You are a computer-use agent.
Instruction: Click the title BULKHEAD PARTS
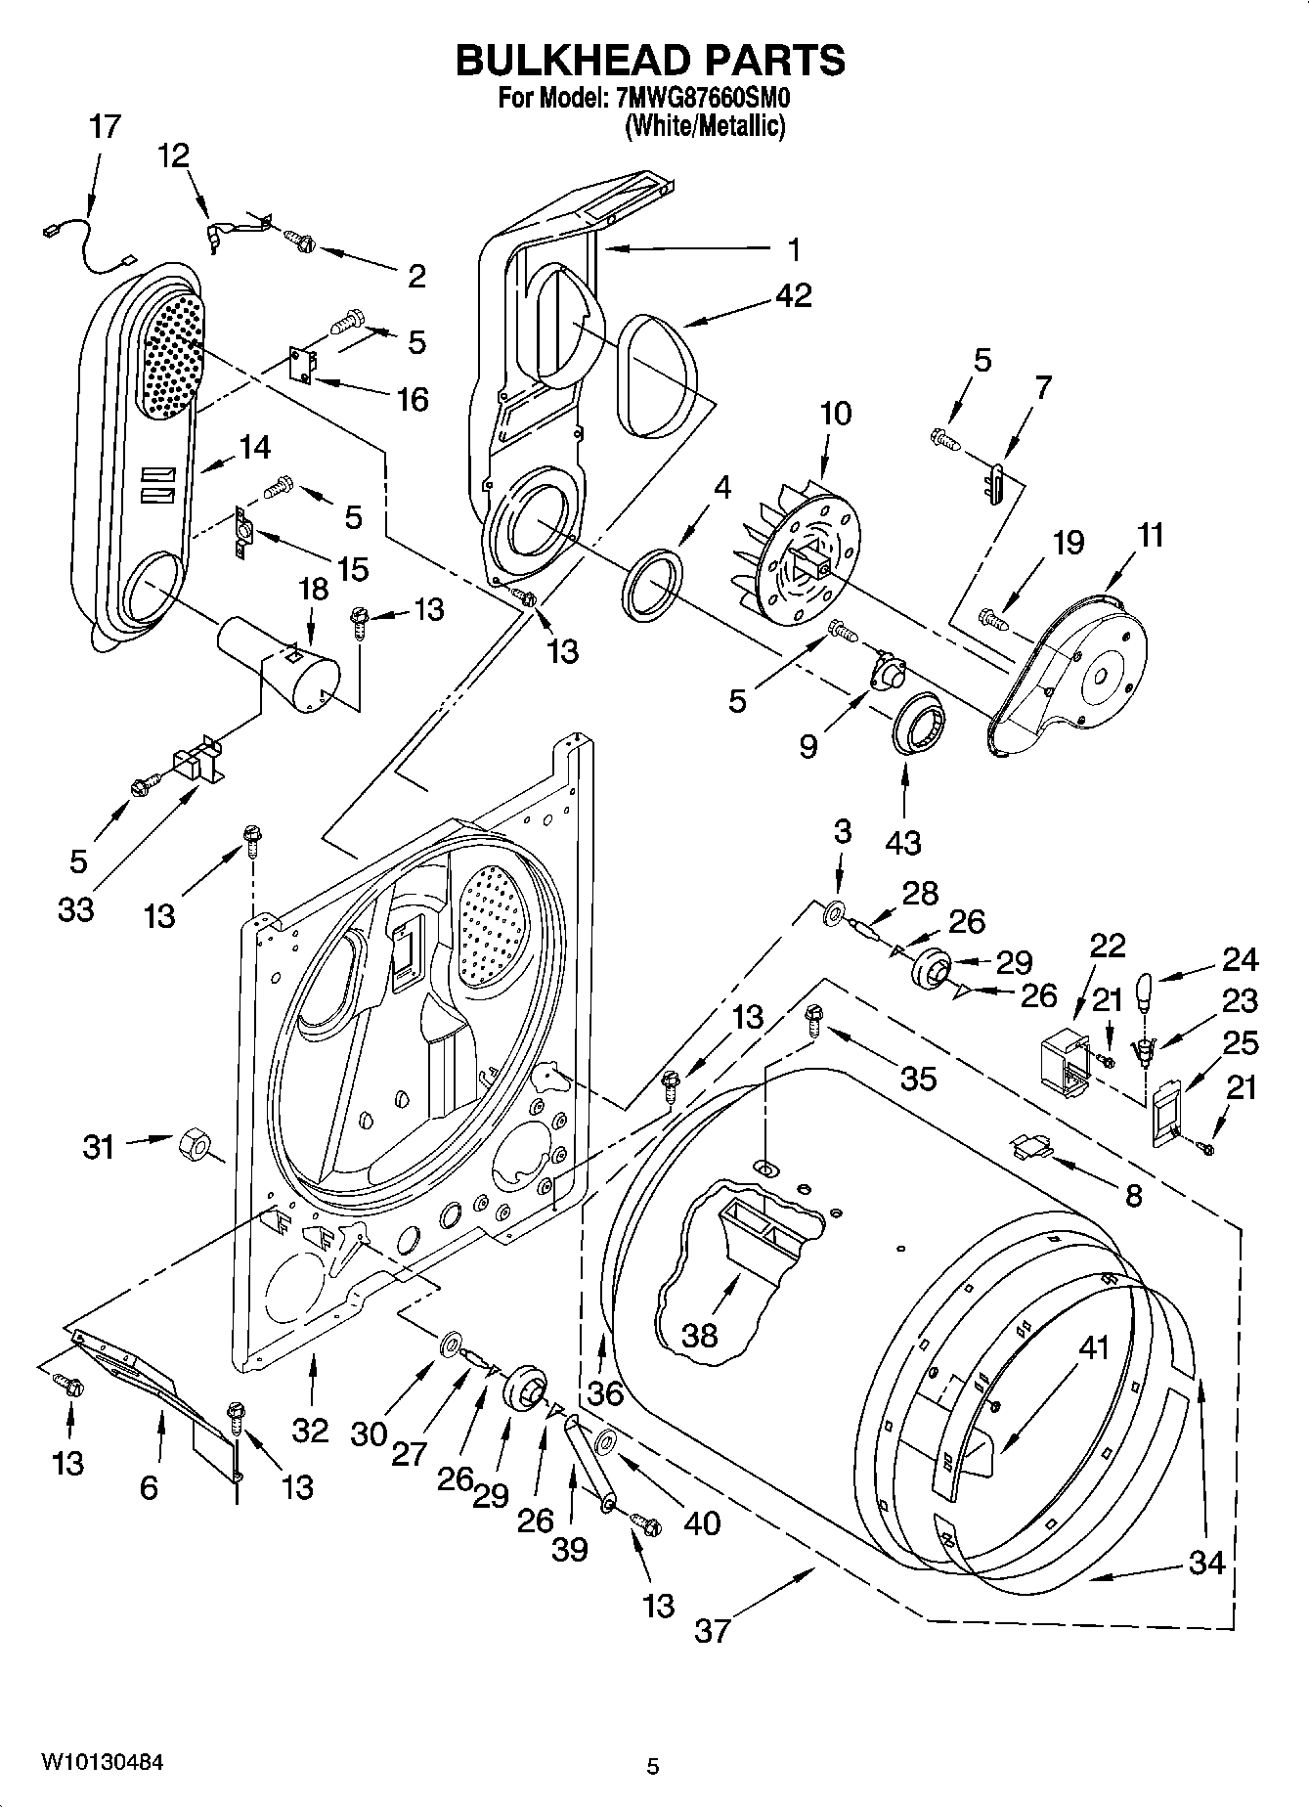coord(650,61)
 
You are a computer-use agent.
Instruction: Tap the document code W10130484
coord(102,1762)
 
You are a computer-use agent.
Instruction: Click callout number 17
coord(105,126)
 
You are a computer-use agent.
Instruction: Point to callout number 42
coord(793,294)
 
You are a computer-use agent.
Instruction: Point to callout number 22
coord(1107,945)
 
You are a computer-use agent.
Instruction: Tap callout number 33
coord(75,908)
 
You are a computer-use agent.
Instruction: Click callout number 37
coord(713,1630)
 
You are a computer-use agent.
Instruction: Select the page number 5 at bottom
coord(653,1766)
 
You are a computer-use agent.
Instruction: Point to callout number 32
coord(310,1430)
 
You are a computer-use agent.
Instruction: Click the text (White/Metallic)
coord(704,125)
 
